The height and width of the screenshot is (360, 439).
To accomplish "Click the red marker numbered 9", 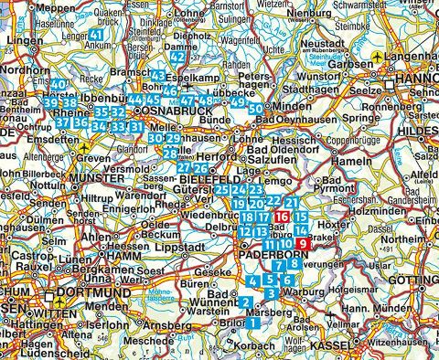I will pyautogui.click(x=303, y=243).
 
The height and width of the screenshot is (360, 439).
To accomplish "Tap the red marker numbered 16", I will pyautogui.click(x=282, y=217).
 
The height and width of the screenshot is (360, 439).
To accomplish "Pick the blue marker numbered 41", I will pyautogui.click(x=98, y=35).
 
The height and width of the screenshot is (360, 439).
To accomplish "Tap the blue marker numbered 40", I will pyautogui.click(x=59, y=87).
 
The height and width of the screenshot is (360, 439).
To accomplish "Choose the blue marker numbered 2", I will pyautogui.click(x=246, y=302).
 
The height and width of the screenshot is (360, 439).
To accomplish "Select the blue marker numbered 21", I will pyautogui.click(x=291, y=203).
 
